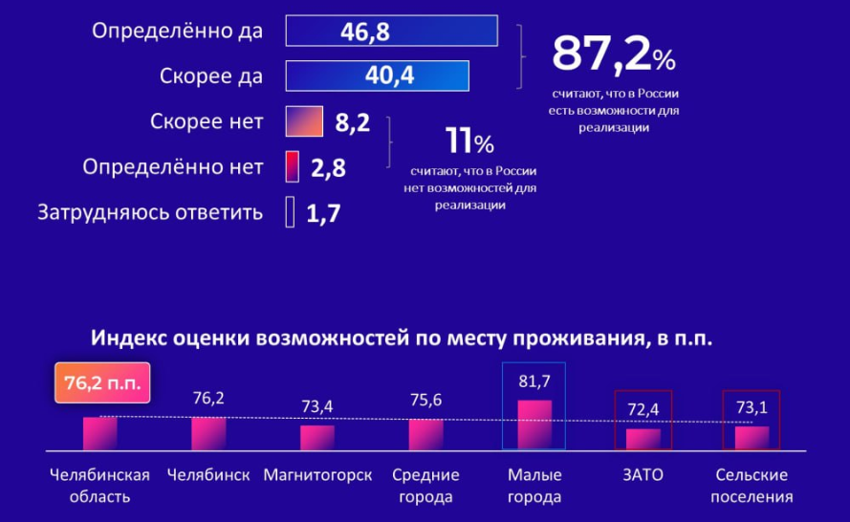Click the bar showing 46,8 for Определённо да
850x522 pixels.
click(x=391, y=31)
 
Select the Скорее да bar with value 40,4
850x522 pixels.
click(x=377, y=76)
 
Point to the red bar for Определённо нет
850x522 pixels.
click(x=293, y=166)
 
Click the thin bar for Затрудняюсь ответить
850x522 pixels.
click(x=290, y=212)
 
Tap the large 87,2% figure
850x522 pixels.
click(x=613, y=55)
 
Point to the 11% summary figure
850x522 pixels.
click(x=469, y=143)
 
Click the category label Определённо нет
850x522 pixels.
click(x=173, y=167)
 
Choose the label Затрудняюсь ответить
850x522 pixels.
click(x=149, y=212)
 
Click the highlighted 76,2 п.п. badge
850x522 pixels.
click(x=102, y=383)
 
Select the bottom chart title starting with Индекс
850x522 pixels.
click(x=403, y=338)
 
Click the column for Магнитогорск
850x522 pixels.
click(x=317, y=437)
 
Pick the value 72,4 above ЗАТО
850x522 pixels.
click(x=643, y=409)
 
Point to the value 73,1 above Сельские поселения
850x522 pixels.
click(x=752, y=407)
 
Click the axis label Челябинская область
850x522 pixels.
click(x=99, y=486)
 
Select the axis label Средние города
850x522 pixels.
click(x=425, y=486)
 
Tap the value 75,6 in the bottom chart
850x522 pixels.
click(x=425, y=401)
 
